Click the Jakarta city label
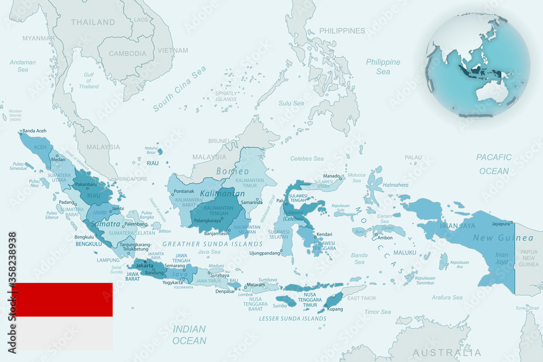coord(144,265)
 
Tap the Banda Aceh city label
coord(34,131)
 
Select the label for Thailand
coord(92,22)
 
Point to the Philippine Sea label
coord(383,66)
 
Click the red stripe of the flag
coord(62,299)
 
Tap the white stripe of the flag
coord(62,333)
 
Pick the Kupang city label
coord(336,309)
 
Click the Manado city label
coord(331,176)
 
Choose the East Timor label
coord(362,298)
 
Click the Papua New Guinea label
coord(529,258)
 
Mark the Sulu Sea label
coord(291,103)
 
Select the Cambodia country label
coord(128,53)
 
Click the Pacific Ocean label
coord(494,164)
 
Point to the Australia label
coord(446,352)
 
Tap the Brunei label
coord(219,141)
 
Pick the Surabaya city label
coord(219,276)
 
